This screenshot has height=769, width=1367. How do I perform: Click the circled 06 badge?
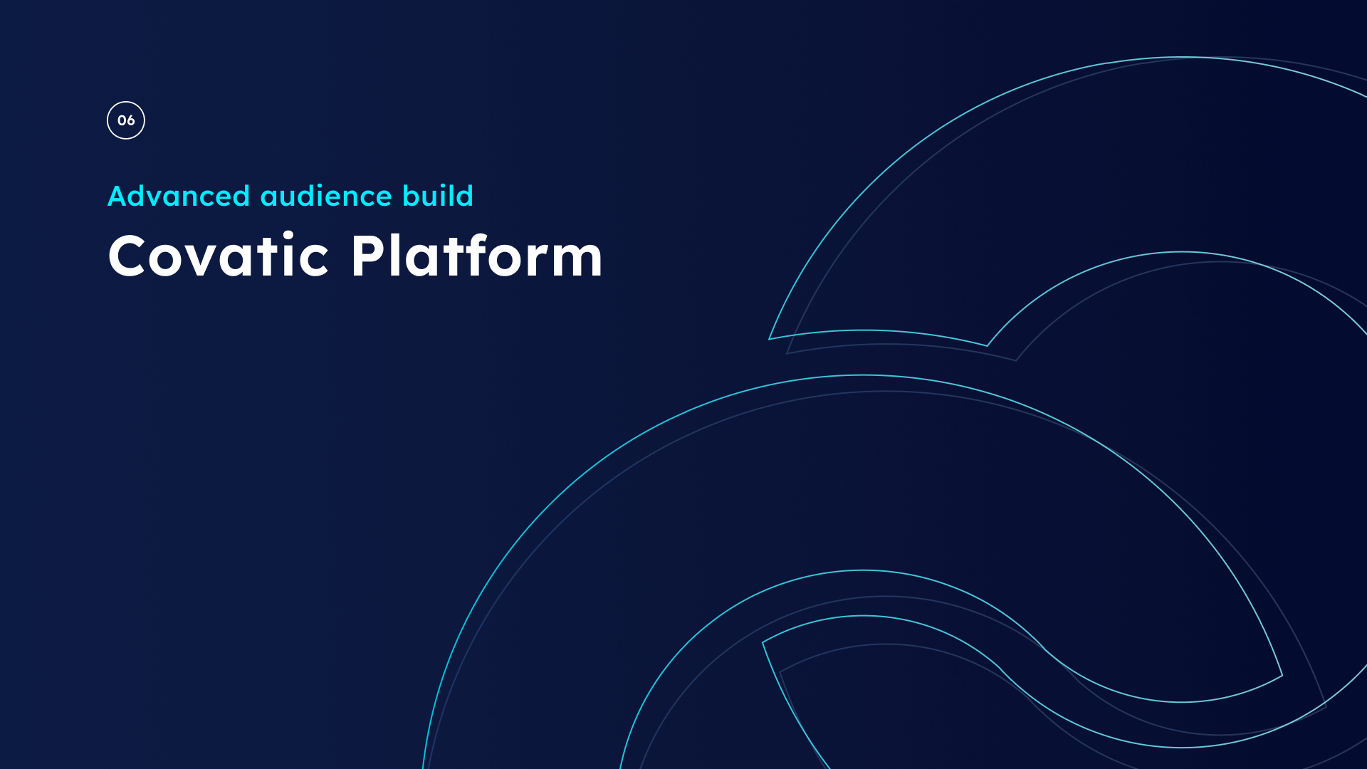click(x=126, y=120)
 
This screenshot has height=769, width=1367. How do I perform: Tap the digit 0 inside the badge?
click(x=122, y=120)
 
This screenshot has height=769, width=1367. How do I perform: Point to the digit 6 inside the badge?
click(x=130, y=120)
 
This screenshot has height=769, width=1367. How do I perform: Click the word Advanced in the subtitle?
click(x=179, y=196)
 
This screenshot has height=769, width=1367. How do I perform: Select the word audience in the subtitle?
click(x=326, y=196)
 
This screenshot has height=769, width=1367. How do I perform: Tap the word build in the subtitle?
click(x=438, y=196)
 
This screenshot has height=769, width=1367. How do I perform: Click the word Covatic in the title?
click(x=219, y=255)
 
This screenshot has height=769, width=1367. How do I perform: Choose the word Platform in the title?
click(x=477, y=255)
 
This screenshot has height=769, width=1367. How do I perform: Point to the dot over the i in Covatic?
click(x=288, y=235)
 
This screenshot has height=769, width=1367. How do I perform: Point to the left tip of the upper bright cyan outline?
click(x=769, y=339)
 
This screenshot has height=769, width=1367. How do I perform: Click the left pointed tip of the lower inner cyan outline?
click(x=763, y=642)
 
